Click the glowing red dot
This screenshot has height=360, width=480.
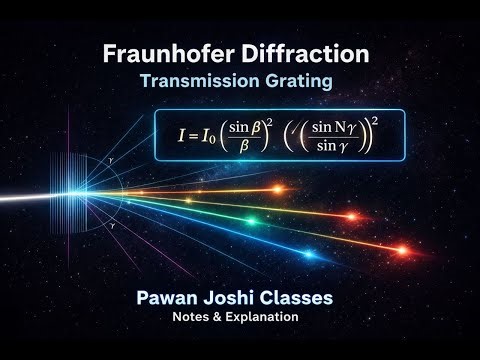coord(401,250)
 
